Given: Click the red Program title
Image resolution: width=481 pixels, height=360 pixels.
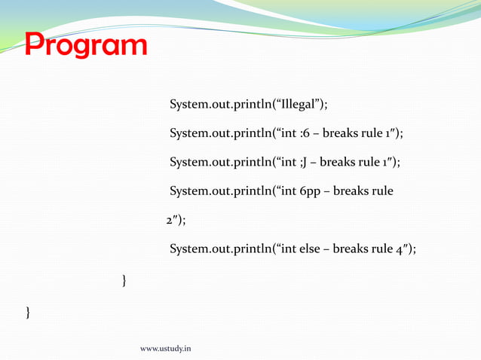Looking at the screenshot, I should pyautogui.click(x=85, y=46).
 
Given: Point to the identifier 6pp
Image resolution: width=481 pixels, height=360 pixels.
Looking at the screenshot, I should pyautogui.click(x=312, y=191).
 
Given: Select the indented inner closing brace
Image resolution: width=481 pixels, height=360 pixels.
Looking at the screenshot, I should pyautogui.click(x=124, y=281).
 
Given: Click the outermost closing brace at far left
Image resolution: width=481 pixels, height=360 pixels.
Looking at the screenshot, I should pyautogui.click(x=29, y=310).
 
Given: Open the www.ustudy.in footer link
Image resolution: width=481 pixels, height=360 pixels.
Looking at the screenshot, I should pyautogui.click(x=166, y=349).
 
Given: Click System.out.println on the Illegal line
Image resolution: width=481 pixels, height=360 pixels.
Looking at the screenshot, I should pyautogui.click(x=219, y=104).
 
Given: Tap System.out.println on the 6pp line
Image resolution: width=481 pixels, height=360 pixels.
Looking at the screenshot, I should pyautogui.click(x=219, y=191).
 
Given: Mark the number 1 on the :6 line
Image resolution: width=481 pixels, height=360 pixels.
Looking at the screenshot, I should pyautogui.click(x=389, y=133).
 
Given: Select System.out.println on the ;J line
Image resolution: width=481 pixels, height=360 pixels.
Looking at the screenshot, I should pyautogui.click(x=219, y=162).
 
